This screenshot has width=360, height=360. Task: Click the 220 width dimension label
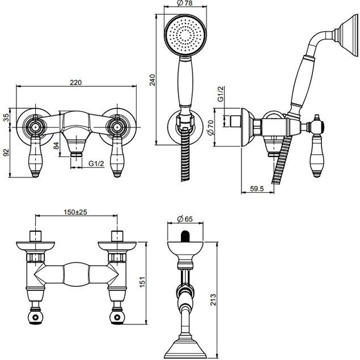(x=75, y=82)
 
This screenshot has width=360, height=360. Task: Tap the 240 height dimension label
(x=153, y=80)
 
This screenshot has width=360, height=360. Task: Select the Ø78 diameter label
(x=185, y=3)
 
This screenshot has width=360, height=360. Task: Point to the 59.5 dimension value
(x=257, y=189)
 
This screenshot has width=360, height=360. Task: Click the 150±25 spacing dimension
(x=75, y=212)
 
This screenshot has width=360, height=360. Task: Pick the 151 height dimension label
(x=142, y=282)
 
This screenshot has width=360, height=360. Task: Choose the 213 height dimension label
(x=213, y=299)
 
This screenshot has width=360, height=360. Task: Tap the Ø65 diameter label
(x=185, y=219)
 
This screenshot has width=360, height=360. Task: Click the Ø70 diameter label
(x=210, y=128)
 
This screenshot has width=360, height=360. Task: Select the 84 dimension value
(x=56, y=146)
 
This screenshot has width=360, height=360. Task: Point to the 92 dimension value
(x=6, y=153)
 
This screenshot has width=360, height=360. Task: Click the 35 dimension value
(x=6, y=117)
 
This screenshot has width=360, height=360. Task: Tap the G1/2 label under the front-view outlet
(x=96, y=164)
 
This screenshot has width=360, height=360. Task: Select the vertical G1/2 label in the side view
(x=221, y=94)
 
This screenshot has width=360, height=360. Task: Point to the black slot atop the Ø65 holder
(x=185, y=236)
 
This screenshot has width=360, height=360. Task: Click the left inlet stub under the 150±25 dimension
(x=36, y=236)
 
